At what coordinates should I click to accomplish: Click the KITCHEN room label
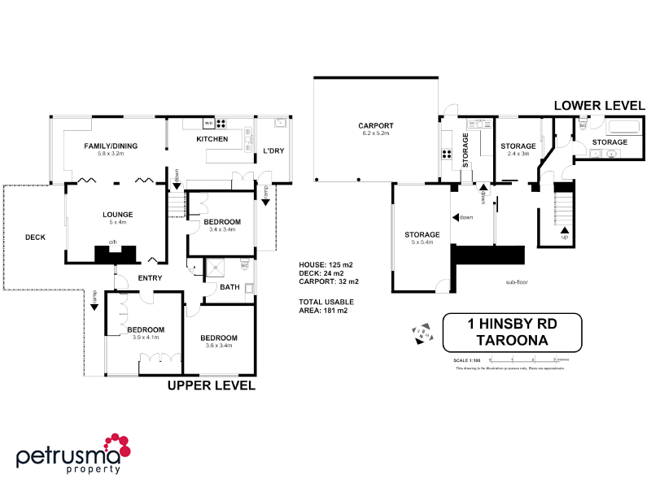212,140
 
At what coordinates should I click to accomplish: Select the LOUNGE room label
117,215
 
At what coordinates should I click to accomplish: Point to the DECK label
35,237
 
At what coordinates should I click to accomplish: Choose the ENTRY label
150,278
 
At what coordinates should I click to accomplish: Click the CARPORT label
375,125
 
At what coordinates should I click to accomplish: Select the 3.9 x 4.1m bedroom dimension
146,337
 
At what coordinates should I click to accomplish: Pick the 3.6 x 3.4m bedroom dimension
219,345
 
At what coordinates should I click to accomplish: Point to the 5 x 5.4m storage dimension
422,242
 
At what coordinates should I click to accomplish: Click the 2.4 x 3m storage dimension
518,154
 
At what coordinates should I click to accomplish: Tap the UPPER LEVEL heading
212,386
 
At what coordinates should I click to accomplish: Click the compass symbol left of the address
421,333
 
